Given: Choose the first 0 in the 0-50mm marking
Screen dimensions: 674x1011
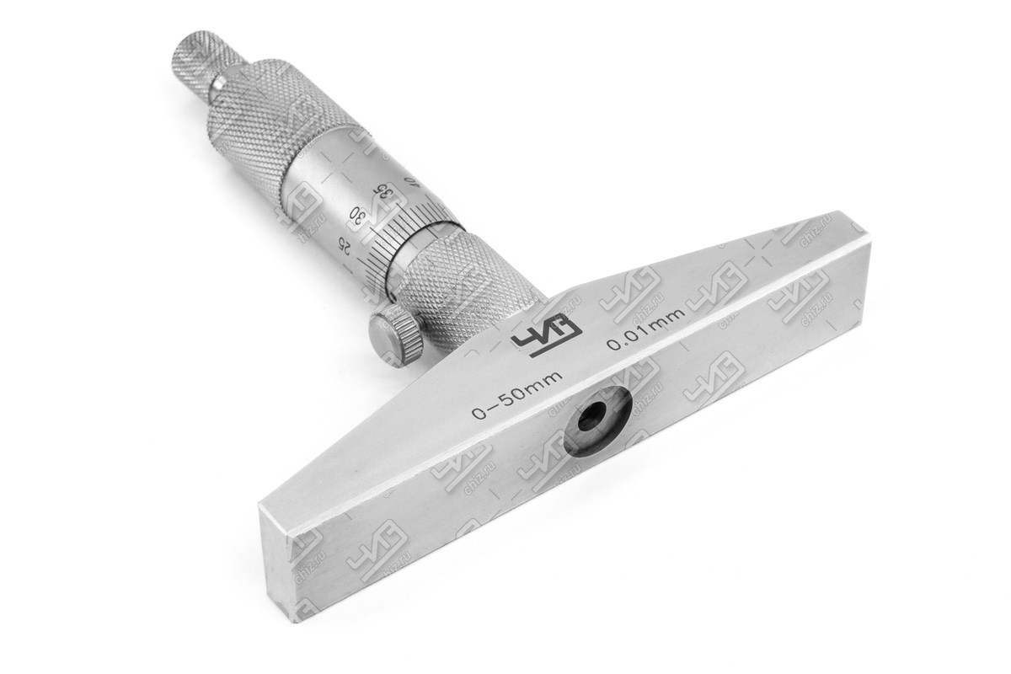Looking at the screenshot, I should point(479,413).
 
